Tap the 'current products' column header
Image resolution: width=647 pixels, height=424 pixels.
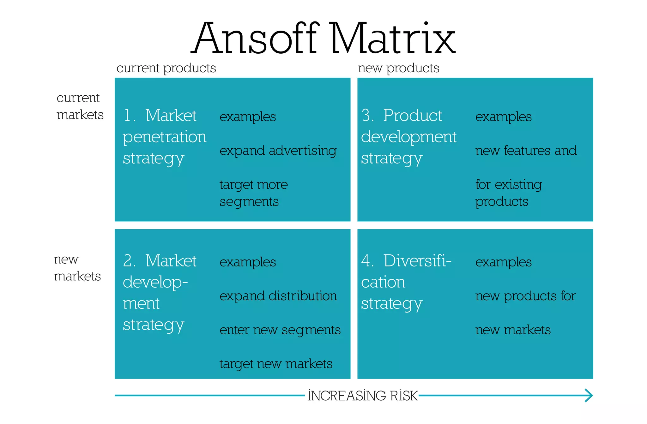[166, 68]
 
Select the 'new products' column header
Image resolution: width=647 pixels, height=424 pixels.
[398, 68]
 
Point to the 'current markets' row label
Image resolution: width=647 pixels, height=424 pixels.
[80, 106]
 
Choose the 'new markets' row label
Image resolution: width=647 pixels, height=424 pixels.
[77, 267]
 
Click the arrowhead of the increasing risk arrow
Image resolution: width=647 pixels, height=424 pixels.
[589, 395]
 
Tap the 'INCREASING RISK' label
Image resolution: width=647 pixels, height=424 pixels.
[363, 396]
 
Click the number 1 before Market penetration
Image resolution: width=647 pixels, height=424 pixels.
[128, 116]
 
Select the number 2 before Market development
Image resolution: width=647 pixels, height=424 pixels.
[129, 261]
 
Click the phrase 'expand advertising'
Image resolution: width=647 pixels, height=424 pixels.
[278, 151]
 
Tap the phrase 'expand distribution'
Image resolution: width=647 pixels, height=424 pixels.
[278, 296]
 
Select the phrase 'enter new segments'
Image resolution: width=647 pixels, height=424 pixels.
[280, 330]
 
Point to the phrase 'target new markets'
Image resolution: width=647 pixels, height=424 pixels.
[276, 364]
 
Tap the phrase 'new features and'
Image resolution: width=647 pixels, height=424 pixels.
[526, 151]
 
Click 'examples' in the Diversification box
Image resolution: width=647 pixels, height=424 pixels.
[503, 262]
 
